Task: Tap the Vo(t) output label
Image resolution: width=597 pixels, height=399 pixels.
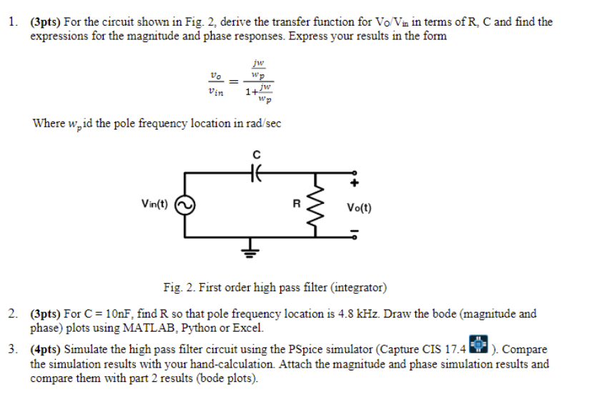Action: point(358,208)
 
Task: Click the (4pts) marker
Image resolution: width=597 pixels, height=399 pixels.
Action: point(46,350)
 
